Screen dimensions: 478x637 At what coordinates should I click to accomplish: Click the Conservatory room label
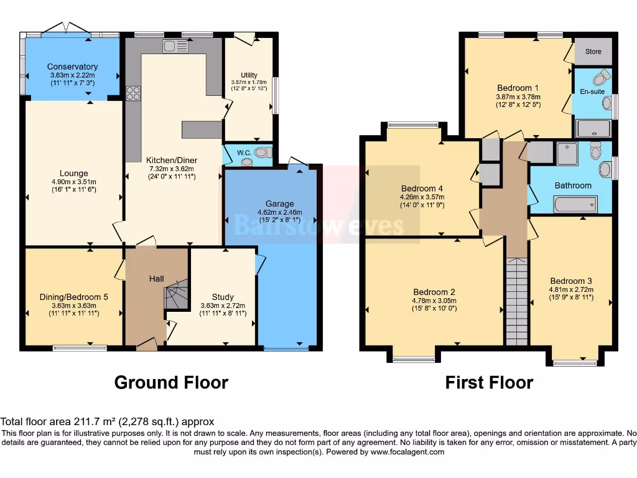72,67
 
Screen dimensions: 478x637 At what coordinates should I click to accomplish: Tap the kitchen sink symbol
175,45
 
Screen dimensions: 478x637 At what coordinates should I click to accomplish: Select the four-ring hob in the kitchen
133,93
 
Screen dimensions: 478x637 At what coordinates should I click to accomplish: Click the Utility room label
249,75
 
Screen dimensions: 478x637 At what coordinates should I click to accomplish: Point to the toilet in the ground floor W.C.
263,151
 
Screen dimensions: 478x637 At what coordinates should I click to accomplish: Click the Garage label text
279,204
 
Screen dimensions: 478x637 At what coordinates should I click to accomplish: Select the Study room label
223,297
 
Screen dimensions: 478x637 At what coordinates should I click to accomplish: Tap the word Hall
156,278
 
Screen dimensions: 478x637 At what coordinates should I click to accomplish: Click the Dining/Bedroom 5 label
74,297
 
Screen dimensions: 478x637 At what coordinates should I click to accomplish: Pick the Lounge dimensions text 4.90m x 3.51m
74,182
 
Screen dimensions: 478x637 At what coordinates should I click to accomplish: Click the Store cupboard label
593,52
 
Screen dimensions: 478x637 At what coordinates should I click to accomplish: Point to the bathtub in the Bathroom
575,204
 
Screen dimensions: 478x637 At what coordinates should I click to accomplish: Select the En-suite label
592,91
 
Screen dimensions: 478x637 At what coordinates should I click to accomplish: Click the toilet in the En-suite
601,77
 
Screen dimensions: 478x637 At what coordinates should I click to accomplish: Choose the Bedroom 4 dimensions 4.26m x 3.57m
422,197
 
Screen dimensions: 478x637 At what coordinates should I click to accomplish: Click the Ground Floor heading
171,382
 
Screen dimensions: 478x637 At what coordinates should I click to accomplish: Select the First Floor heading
489,382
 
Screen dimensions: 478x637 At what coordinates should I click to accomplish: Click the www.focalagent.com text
407,452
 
